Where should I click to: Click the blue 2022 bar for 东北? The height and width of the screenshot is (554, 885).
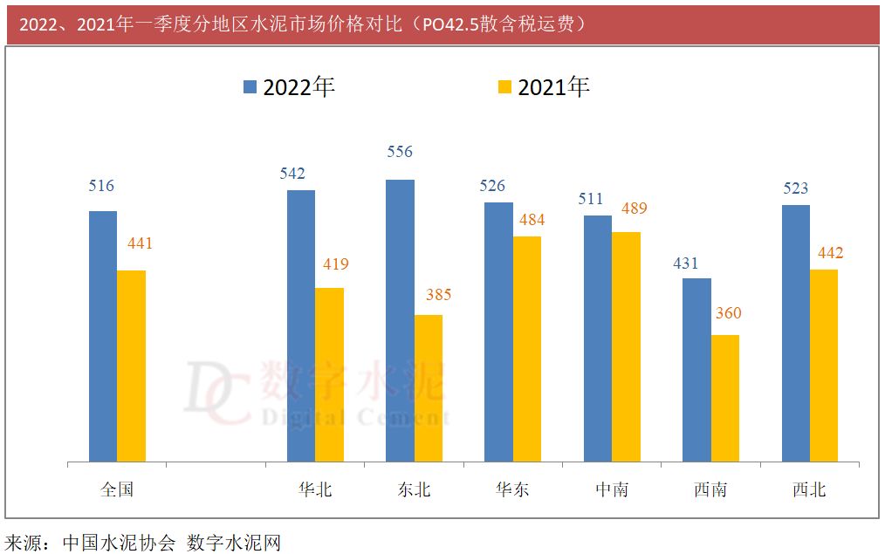coord(400,320)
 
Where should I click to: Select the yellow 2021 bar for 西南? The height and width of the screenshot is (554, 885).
coord(725,398)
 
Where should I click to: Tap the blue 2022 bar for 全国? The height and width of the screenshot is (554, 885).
coord(103,336)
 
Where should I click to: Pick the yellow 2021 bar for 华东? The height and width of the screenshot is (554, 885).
coord(527,348)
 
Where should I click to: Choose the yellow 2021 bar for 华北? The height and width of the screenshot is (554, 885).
coord(329,374)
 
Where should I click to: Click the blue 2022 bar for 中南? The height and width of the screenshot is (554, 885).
coord(598,338)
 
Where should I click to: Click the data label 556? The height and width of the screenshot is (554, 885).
coord(400,152)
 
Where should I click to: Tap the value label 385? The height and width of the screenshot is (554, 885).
coord(438,295)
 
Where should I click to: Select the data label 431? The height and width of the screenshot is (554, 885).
coord(687,263)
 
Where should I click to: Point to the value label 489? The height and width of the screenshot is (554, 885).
coord(635,209)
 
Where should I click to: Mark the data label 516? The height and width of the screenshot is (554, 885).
coord(101,186)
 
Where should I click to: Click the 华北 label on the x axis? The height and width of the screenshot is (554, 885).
coord(315,489)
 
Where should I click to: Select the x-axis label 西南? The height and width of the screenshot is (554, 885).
coord(710,489)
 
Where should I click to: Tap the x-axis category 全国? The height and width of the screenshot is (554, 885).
coord(117,489)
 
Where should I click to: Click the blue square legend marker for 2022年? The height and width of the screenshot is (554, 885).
coord(250,86)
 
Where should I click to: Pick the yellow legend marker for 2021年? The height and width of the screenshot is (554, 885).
coord(504,86)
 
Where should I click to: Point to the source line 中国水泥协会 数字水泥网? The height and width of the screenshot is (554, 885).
coord(143,543)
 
